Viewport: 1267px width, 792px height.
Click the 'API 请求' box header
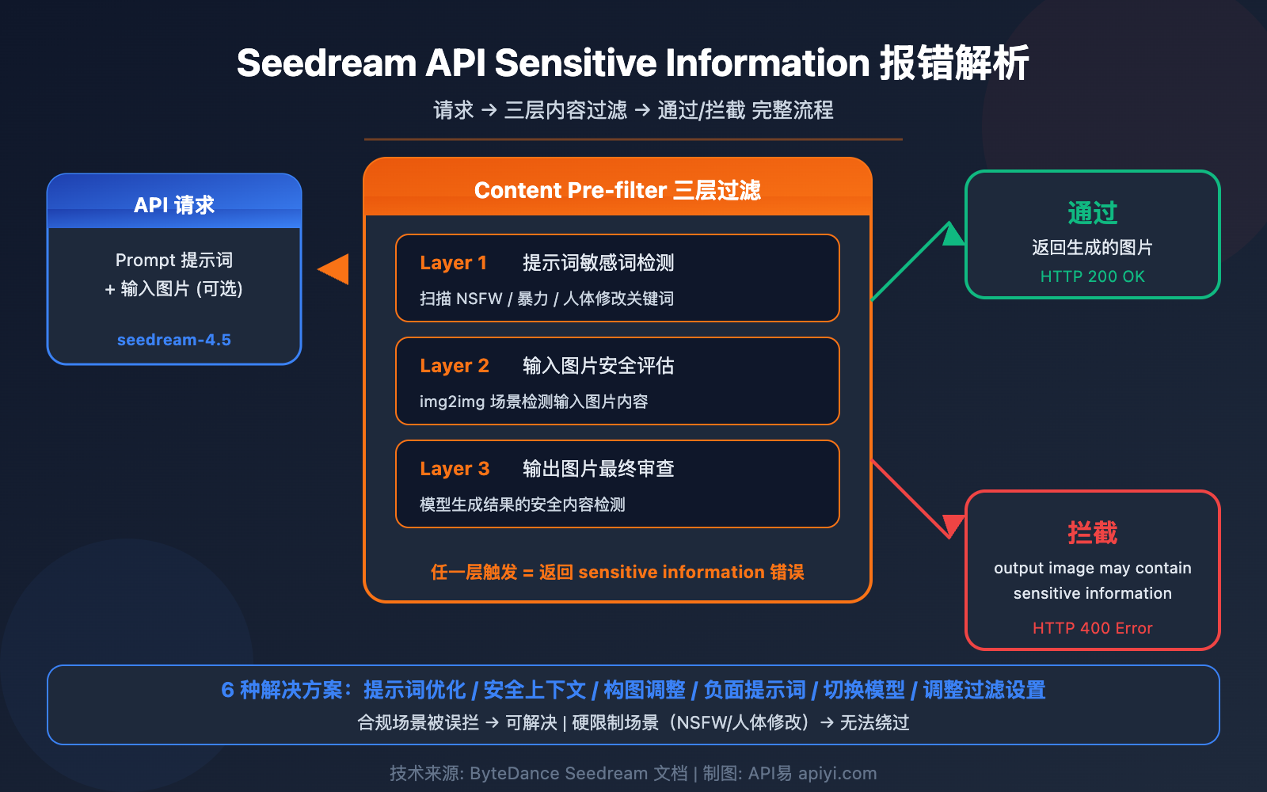click(x=174, y=204)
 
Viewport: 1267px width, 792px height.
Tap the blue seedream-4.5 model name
click(x=174, y=340)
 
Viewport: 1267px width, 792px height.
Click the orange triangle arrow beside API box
click(x=334, y=269)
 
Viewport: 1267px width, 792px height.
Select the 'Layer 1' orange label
click(x=453, y=263)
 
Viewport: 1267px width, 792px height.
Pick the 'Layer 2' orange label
click(x=455, y=366)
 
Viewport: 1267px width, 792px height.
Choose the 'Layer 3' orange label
click(x=455, y=469)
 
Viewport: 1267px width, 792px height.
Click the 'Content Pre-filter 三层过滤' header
click(x=617, y=190)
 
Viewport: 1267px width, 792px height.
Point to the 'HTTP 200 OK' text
click(x=1092, y=276)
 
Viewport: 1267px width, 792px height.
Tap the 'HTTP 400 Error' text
click(x=1092, y=628)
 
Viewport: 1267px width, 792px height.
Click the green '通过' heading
click(x=1092, y=212)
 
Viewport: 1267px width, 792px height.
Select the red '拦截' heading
click(x=1092, y=532)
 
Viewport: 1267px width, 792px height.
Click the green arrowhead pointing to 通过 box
click(x=953, y=234)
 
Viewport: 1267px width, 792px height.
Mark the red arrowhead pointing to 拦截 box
click(x=953, y=524)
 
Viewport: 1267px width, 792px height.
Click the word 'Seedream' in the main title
click(x=326, y=63)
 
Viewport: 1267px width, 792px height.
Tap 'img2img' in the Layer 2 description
click(x=451, y=402)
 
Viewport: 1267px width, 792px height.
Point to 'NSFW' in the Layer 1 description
click(x=479, y=299)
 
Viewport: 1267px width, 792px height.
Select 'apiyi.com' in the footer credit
click(x=837, y=773)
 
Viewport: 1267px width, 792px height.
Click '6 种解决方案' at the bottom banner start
click(x=282, y=690)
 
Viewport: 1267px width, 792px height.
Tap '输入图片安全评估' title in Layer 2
click(x=598, y=366)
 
